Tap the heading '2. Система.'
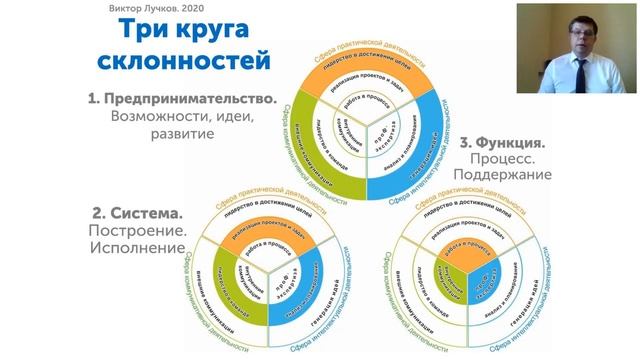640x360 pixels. pyautogui.click(x=137, y=214)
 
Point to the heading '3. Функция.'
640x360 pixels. pyautogui.click(x=502, y=143)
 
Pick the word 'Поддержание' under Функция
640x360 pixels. pyautogui.click(x=506, y=175)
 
